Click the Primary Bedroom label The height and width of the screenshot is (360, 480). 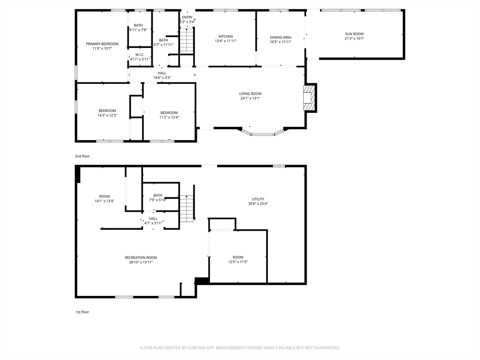point(102,44)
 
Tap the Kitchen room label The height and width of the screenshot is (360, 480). point(225,37)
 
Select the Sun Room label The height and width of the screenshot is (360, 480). point(354,34)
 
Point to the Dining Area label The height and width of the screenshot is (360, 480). point(280,37)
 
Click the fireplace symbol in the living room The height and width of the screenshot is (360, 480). point(309,98)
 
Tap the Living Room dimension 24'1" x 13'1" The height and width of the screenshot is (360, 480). point(250,98)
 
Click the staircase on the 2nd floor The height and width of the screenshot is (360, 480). point(187,40)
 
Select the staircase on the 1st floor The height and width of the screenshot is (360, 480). point(187,209)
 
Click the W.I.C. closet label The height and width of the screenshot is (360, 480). point(139,54)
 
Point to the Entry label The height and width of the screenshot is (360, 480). point(187,17)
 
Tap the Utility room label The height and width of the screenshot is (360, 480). point(258,199)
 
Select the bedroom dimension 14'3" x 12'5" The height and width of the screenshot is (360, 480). point(107,115)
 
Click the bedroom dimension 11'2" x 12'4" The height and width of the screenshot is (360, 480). point(169,117)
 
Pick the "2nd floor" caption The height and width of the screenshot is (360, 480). point(82,156)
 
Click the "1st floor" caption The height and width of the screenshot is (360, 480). point(82,312)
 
